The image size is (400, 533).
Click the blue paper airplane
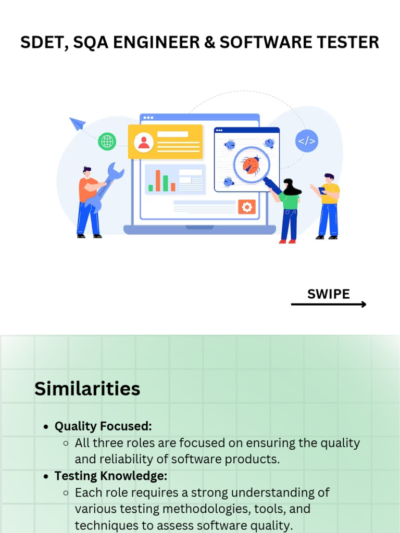[x=78, y=123]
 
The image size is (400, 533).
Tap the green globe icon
[x=107, y=141]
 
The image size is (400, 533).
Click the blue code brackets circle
[x=306, y=141]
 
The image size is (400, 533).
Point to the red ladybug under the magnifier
[x=252, y=165]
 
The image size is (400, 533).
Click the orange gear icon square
[x=247, y=207]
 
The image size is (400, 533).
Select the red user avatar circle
[x=144, y=142]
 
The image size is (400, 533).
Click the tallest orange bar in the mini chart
[x=158, y=180]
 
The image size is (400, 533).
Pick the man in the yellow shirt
[x=328, y=206]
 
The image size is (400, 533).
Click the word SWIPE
[x=328, y=294]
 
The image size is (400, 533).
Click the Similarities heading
[x=87, y=388]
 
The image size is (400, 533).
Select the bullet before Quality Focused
[x=46, y=427]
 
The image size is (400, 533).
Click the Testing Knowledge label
[x=111, y=476]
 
